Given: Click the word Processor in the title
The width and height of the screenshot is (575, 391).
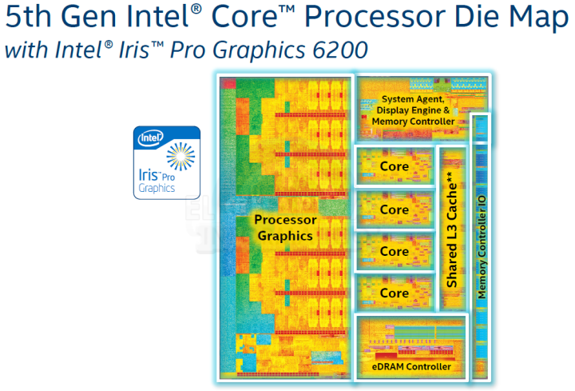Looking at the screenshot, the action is click(x=375, y=17).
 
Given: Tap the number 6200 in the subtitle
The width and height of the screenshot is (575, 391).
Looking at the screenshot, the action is click(x=340, y=50).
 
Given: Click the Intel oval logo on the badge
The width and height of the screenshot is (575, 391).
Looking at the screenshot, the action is click(x=150, y=138).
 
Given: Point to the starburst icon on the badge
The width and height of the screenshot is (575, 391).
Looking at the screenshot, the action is click(x=180, y=157).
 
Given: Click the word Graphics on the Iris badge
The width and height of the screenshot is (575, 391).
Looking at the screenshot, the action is click(x=157, y=189).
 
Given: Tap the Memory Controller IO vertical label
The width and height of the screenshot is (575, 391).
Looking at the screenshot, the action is click(x=482, y=247).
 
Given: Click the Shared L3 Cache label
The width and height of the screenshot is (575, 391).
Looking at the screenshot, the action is click(x=452, y=229).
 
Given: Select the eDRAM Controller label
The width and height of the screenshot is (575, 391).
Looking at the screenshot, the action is click(x=411, y=366).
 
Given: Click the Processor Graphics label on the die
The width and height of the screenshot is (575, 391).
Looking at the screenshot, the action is click(x=285, y=228).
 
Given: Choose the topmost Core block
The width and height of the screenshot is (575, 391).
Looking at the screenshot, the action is click(x=395, y=166).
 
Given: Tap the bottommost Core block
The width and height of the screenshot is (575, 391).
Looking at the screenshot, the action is click(x=395, y=293).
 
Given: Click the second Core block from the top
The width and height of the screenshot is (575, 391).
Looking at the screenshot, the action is click(x=395, y=209).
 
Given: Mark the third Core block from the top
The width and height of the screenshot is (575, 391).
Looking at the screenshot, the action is click(x=395, y=251).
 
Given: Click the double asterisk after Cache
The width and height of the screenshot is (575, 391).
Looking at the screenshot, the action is click(x=450, y=176).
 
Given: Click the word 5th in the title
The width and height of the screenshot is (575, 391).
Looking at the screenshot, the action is click(x=29, y=17).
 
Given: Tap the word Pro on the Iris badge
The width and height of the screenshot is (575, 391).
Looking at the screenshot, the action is click(x=168, y=178).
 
